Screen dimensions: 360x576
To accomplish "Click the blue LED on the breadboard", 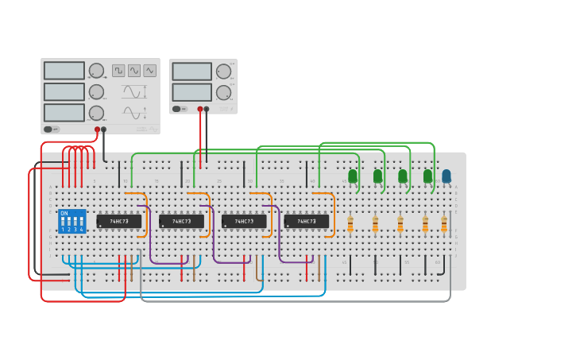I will point(446,176).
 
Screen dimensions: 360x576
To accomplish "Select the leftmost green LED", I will point(353,176).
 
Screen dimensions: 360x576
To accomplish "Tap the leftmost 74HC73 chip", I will point(119,221).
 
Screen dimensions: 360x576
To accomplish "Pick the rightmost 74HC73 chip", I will point(307,221).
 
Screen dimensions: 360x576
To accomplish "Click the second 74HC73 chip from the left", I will point(181,221).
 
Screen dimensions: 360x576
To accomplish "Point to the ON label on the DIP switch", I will point(64,213).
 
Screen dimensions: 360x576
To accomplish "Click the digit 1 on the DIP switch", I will point(63,230).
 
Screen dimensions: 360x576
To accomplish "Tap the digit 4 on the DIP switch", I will point(81,230).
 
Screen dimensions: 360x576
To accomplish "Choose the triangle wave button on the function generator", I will point(150,71).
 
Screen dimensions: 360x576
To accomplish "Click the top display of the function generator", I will point(64,71).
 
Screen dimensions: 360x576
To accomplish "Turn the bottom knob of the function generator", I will point(96,113).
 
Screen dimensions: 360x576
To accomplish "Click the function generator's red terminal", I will point(98,129).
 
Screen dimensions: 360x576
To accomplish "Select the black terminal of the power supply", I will point(207,109).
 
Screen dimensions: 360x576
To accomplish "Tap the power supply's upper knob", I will point(223,71).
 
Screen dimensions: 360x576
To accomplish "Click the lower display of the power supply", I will point(192,92).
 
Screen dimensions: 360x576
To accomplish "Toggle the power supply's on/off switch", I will point(180,109).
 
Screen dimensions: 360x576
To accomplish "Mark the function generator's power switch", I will point(52,129).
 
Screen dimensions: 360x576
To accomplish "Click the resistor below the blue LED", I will point(444,226).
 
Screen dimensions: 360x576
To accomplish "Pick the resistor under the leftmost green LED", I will point(350,226).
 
